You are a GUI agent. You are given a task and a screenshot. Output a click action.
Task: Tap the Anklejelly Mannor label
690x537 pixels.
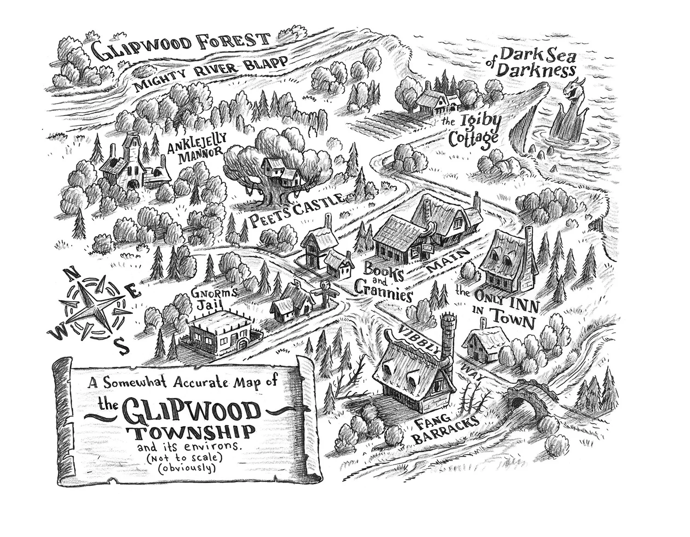pos(189,152)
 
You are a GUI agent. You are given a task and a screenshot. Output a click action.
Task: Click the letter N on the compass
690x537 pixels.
pos(72,275)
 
